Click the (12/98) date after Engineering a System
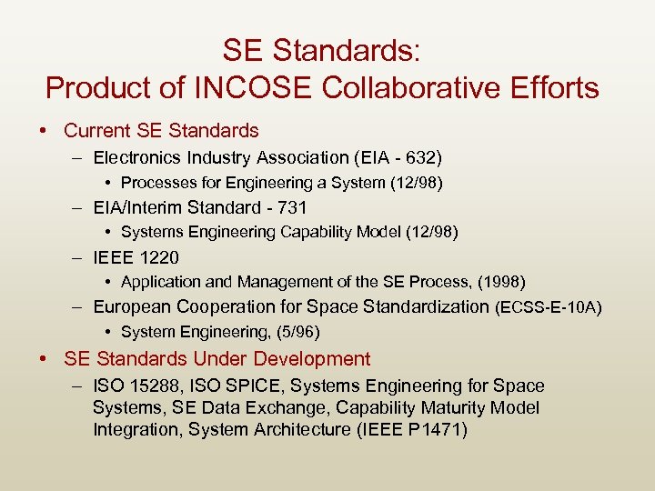click(x=415, y=183)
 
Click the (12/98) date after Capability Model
click(x=429, y=232)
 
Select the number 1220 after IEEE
click(x=158, y=257)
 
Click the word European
click(x=133, y=307)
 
